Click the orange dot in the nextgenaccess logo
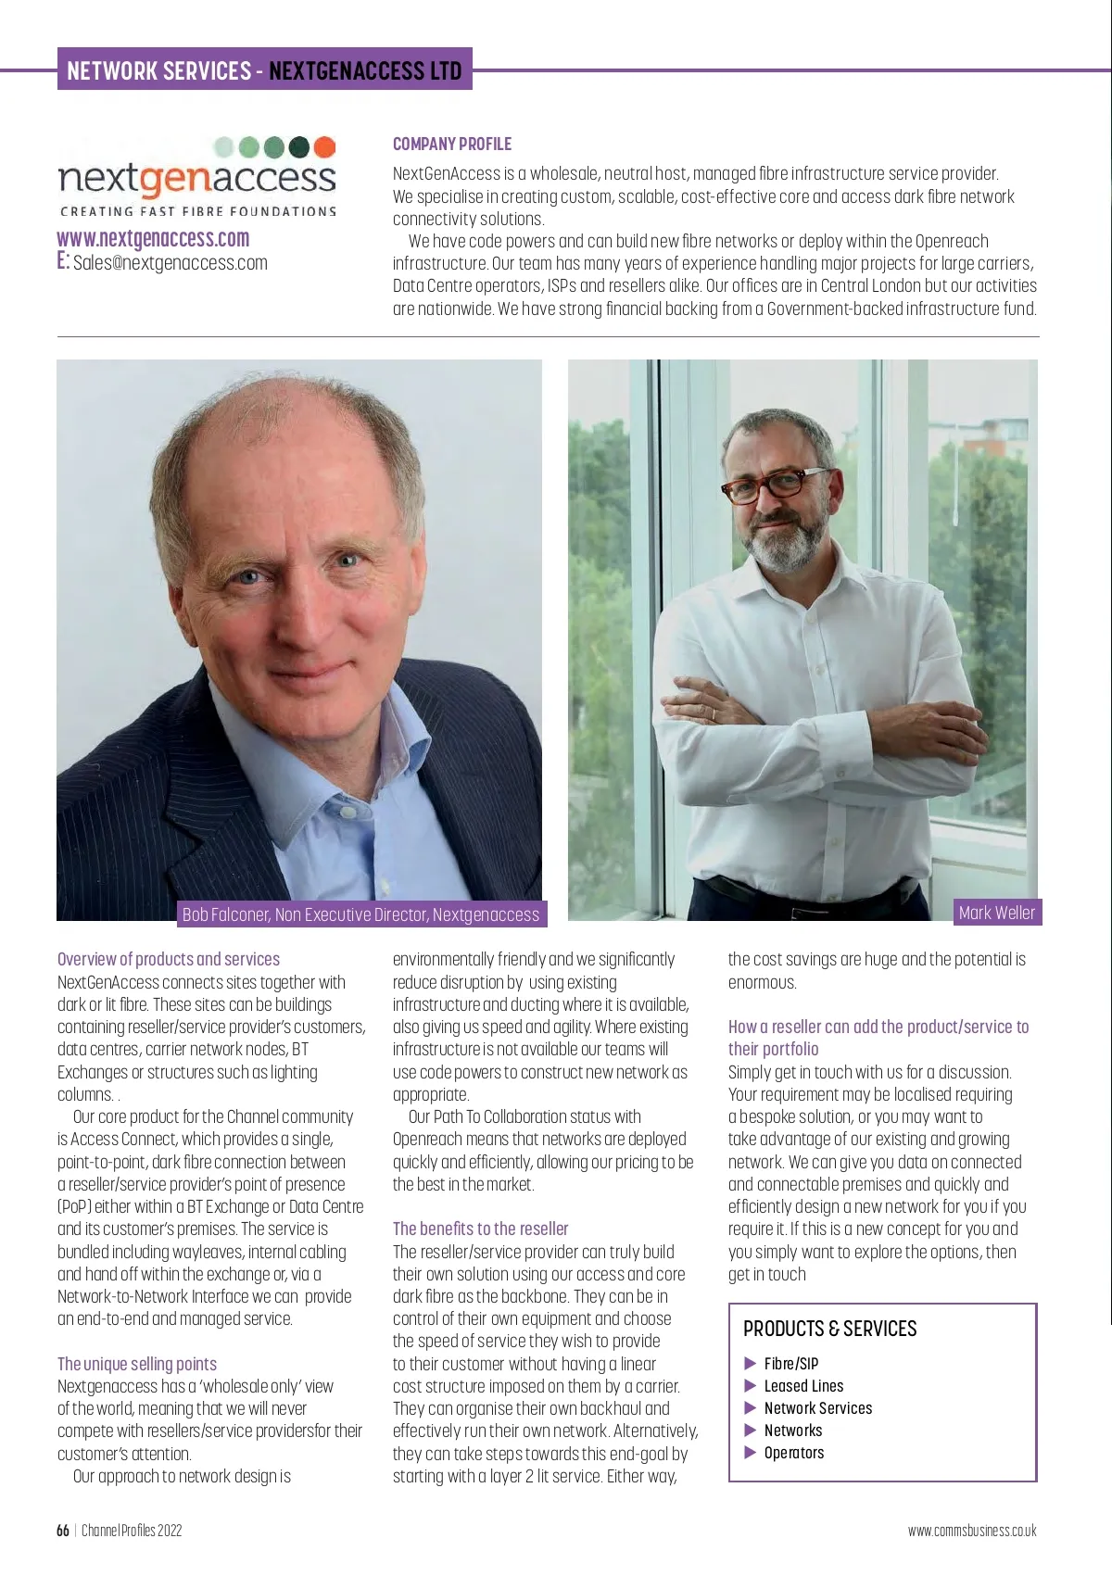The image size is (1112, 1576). [x=324, y=147]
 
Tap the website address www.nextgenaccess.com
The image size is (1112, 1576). [x=153, y=238]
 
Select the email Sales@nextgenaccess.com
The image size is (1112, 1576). [x=170, y=263]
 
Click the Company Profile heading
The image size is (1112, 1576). [x=452, y=144]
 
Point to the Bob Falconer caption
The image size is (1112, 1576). [x=360, y=914]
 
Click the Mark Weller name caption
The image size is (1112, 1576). [x=996, y=913]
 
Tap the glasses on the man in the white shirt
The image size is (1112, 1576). [x=777, y=484]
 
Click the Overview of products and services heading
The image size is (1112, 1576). [x=169, y=959]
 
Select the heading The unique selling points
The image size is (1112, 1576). [x=137, y=1364]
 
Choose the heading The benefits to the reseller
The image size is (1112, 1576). [x=480, y=1229]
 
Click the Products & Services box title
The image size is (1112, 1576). [x=829, y=1329]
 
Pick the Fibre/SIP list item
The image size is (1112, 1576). [x=790, y=1364]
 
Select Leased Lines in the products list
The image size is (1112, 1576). [x=803, y=1386]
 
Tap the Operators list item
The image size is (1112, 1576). [x=793, y=1453]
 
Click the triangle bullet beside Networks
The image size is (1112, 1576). [x=751, y=1431]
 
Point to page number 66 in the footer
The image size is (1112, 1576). [x=63, y=1531]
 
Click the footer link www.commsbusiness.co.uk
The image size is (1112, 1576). [x=972, y=1531]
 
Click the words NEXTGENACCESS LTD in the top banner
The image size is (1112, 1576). [x=365, y=70]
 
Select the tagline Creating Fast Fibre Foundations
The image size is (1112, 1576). [x=198, y=211]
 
